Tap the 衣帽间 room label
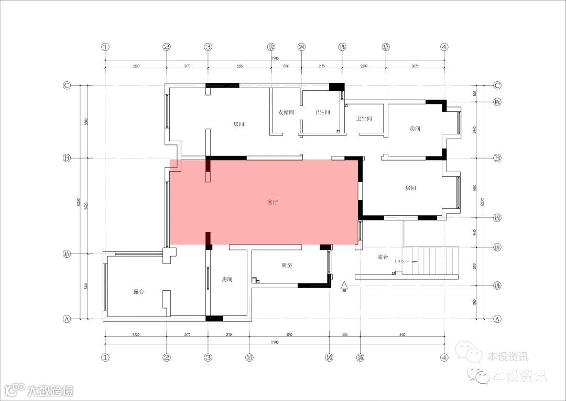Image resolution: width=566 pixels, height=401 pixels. [x=286, y=112]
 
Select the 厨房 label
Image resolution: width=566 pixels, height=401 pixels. [x=287, y=266]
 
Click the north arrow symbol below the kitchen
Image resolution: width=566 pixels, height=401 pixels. [x=344, y=287]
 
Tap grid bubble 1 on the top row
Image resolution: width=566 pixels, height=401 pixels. [x=105, y=47]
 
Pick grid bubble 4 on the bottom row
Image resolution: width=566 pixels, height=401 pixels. [x=444, y=358]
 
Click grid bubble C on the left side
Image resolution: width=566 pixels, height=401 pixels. [x=67, y=85]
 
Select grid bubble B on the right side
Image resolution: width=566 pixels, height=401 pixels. [x=497, y=158]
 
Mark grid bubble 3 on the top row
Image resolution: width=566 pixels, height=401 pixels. [x=208, y=47]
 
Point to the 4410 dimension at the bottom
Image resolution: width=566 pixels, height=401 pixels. [x=402, y=334]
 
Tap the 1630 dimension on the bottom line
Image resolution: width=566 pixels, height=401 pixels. [x=344, y=334]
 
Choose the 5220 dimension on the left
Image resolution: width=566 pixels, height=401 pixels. [x=85, y=206]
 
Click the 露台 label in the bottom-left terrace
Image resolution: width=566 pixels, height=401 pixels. [x=139, y=292]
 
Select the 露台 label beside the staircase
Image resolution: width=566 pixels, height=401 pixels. [x=383, y=258]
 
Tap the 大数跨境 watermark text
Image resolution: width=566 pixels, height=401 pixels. [x=50, y=391]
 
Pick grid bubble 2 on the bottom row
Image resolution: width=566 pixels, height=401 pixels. [x=167, y=358]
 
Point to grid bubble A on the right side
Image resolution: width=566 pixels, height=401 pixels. [x=497, y=319]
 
